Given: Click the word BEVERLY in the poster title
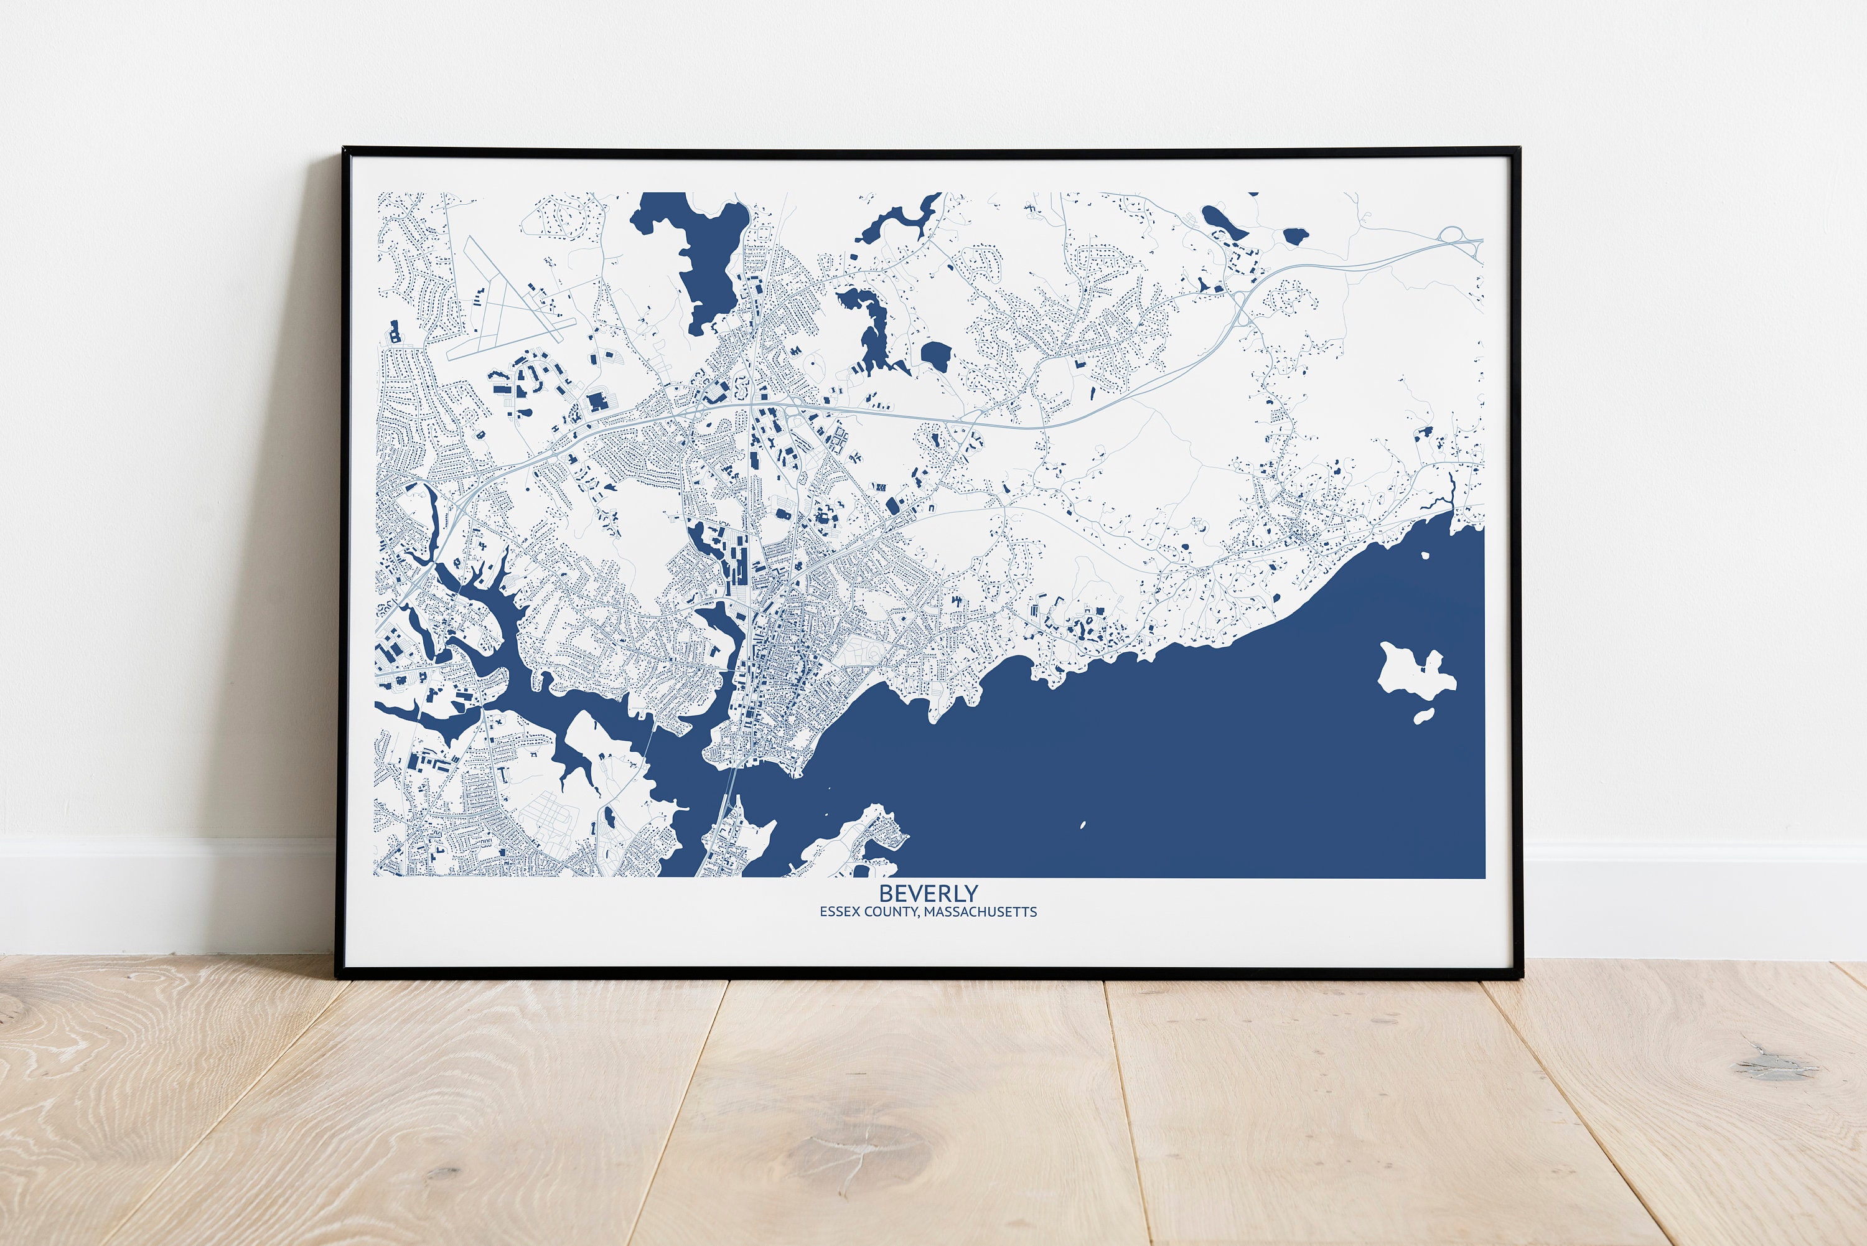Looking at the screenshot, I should point(928,893).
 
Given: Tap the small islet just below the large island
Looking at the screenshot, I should point(1424,716).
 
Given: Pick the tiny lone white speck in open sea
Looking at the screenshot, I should point(1083,824).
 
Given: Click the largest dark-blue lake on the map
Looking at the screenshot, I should point(699,255).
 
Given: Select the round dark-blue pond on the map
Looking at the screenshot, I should point(936,355).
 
